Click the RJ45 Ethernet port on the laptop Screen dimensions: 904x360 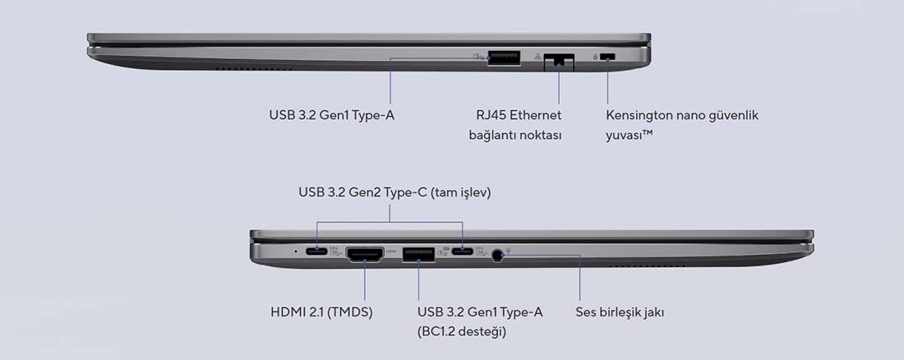[x=559, y=61]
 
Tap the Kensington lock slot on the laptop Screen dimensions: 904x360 [x=607, y=57]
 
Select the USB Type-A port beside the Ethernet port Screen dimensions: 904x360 [x=504, y=57]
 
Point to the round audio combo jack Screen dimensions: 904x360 [x=498, y=255]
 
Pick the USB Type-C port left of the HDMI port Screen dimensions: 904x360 [x=316, y=251]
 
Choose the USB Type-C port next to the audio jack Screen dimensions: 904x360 [x=463, y=251]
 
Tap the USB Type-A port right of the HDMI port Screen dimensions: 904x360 [x=418, y=253]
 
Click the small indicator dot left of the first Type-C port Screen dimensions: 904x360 [x=296, y=251]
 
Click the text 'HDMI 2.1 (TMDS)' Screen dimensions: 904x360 [x=321, y=312]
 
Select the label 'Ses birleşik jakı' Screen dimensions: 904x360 [x=620, y=312]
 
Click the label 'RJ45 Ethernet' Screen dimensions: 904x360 [x=519, y=115]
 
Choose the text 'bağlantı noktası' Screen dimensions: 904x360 [x=515, y=136]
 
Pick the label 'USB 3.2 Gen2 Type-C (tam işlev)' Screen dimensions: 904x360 [x=395, y=192]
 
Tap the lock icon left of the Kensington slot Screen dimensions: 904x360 [x=595, y=57]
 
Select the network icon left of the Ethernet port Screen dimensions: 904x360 [x=538, y=57]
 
